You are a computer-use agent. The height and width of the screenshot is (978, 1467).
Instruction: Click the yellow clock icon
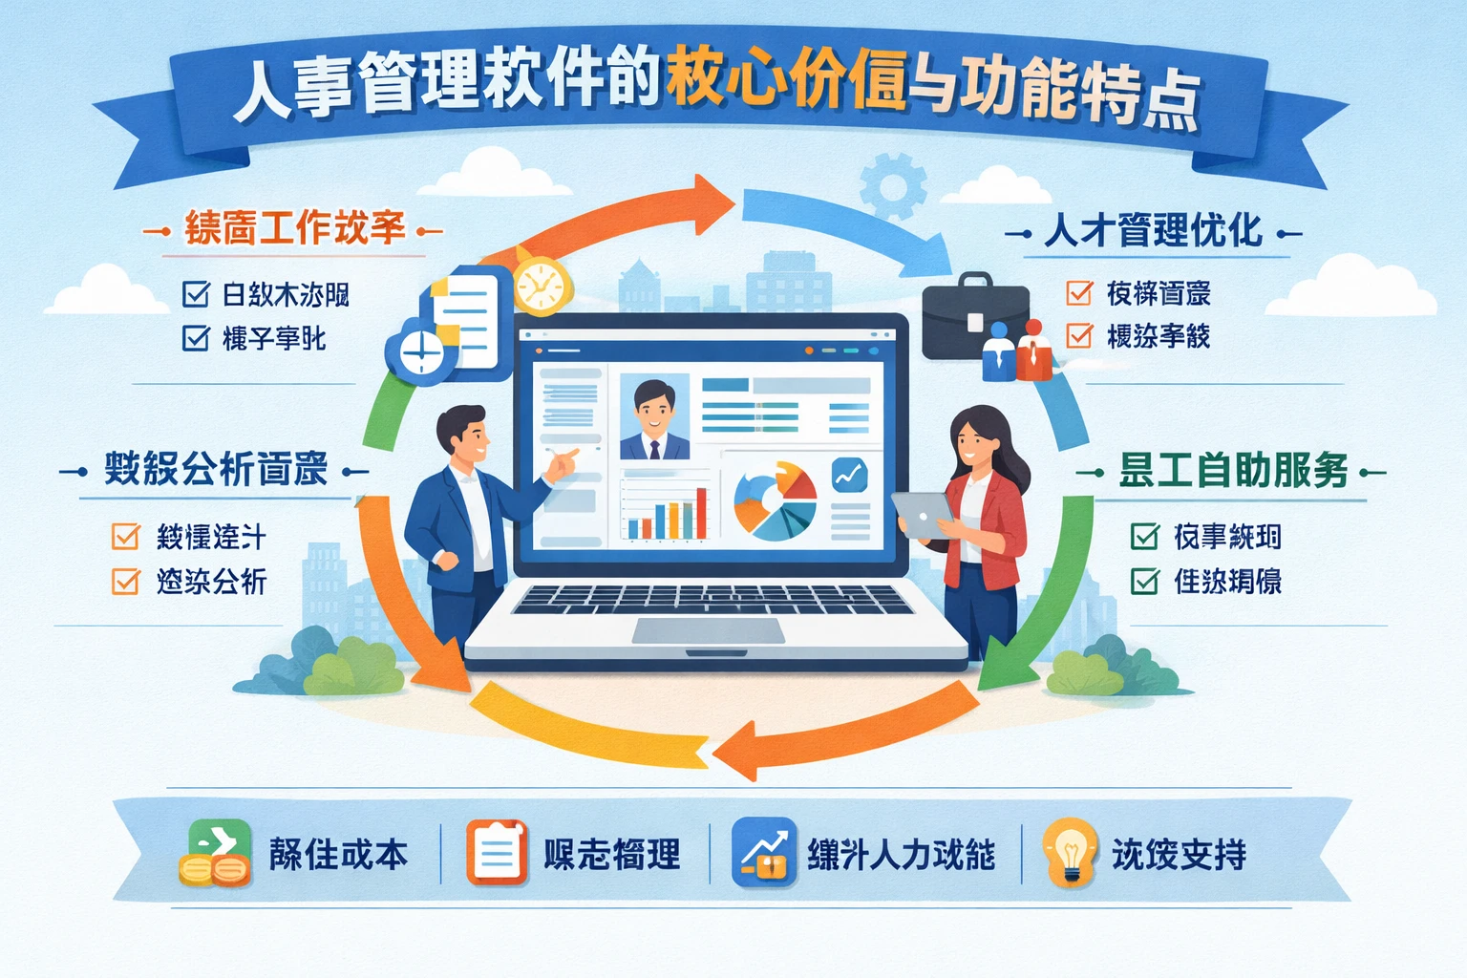click(542, 284)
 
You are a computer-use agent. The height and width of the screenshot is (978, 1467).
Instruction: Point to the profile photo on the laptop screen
click(654, 416)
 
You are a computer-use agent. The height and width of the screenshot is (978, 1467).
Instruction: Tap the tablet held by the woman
click(923, 514)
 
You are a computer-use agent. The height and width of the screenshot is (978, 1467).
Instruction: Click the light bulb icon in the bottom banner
click(1070, 852)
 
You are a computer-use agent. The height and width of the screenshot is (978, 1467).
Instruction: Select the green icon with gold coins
click(216, 853)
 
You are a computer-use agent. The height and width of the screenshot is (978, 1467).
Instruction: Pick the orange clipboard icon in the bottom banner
click(497, 852)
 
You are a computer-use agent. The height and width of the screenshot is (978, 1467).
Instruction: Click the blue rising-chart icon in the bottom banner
click(764, 852)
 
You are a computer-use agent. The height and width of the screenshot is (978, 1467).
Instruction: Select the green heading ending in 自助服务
click(1233, 471)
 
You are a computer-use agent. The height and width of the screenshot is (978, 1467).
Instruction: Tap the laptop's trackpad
click(708, 630)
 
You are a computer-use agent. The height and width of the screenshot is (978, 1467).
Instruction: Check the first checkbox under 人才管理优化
click(1079, 292)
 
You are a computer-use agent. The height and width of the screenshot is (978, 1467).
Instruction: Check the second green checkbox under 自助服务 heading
click(1144, 581)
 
